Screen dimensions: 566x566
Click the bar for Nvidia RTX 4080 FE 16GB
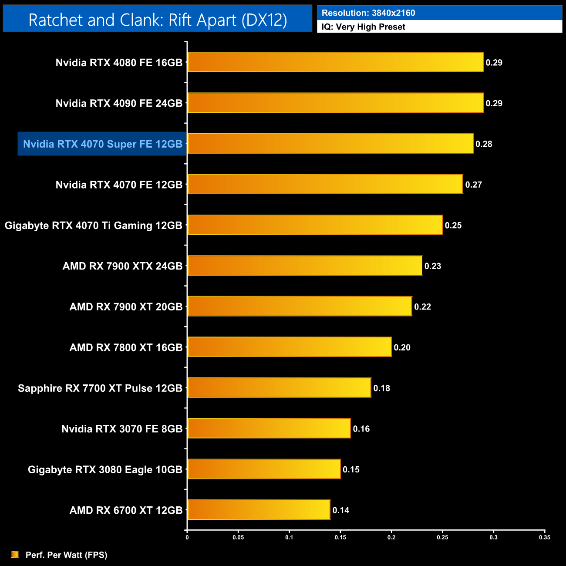[x=335, y=62]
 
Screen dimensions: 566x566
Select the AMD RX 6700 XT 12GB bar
[x=259, y=510]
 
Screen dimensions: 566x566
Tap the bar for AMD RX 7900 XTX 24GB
[x=305, y=266]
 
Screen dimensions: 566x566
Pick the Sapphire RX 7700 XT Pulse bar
[x=279, y=388]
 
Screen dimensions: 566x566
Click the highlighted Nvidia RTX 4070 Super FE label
[x=103, y=144]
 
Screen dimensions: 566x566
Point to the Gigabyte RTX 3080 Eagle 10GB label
[x=105, y=470]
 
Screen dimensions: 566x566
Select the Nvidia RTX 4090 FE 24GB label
[x=119, y=103]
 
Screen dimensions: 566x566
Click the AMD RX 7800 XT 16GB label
[x=126, y=347]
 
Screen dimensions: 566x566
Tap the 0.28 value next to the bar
[x=484, y=144]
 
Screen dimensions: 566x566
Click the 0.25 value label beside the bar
[x=453, y=226]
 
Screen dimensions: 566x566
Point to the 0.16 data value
[x=361, y=429]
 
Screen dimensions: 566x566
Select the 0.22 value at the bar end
[x=422, y=307]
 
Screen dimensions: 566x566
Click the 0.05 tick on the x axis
[x=238, y=537]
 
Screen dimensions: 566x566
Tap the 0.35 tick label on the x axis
[x=545, y=537]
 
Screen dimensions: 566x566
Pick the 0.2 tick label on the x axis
[x=391, y=537]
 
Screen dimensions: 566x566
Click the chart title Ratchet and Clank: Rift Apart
[x=158, y=20]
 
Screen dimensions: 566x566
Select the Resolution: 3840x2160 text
[x=368, y=13]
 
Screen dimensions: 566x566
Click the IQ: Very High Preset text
[x=363, y=27]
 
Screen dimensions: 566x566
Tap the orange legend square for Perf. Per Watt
[x=15, y=555]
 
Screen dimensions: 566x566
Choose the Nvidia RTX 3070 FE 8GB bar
[x=269, y=428]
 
